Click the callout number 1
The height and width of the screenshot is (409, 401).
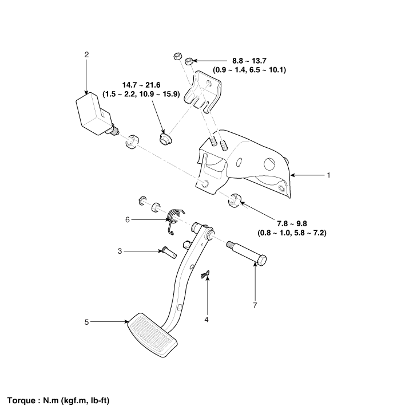[x=328, y=175]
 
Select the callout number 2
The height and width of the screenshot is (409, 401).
[x=86, y=54]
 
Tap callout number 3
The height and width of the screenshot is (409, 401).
[x=120, y=251]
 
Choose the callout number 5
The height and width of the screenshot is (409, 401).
[x=86, y=323]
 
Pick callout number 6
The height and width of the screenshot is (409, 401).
[x=128, y=219]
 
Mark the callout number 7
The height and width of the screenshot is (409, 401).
[x=255, y=305]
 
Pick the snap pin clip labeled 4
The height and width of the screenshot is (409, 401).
[x=205, y=277]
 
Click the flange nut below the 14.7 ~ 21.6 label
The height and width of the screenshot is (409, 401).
[x=165, y=139]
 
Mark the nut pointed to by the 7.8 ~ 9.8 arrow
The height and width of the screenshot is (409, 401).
[x=234, y=200]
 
